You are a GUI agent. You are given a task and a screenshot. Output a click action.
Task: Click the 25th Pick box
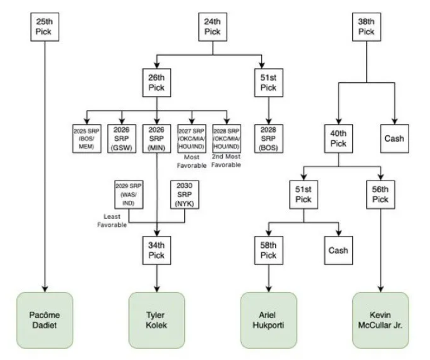point(45,27)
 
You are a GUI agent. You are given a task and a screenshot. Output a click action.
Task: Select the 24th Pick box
point(212,27)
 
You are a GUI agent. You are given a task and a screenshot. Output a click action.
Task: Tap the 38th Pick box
point(366,27)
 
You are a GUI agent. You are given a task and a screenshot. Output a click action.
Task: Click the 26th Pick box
point(157,83)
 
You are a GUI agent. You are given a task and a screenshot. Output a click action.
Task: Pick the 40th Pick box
point(338,139)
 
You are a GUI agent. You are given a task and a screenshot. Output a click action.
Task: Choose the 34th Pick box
point(157,250)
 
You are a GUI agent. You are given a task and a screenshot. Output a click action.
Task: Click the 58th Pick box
point(268,250)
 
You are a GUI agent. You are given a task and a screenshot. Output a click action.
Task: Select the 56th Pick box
point(380,194)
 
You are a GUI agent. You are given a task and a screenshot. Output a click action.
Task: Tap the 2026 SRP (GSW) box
point(122,139)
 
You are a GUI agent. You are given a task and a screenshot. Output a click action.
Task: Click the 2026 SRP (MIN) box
point(157,139)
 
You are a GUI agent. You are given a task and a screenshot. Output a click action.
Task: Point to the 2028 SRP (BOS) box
point(268,139)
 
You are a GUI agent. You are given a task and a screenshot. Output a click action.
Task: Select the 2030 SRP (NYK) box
point(185,194)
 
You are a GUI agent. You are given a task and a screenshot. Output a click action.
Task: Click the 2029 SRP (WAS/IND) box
point(128,194)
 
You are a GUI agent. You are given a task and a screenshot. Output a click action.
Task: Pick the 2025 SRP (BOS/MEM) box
point(87,139)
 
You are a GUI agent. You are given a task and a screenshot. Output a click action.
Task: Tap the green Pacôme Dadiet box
point(45,320)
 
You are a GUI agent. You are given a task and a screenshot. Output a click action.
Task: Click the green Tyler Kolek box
point(157,320)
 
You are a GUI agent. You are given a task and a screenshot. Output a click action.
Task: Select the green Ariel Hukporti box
point(268,320)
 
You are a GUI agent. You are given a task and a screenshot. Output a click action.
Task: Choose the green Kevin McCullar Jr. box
point(380,320)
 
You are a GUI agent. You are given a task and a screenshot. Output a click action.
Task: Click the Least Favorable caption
point(112,221)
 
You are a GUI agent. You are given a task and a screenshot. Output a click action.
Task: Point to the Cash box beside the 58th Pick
point(338,250)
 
